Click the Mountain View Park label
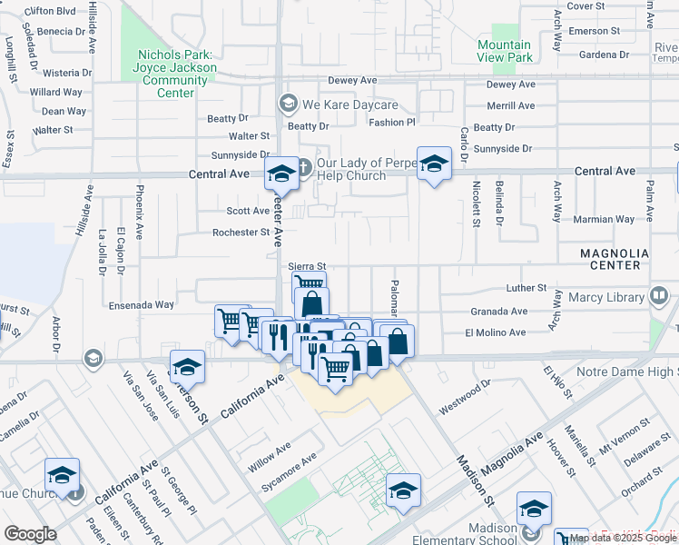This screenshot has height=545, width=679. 504,51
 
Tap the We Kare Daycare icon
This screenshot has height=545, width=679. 289,102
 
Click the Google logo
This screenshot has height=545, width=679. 30,534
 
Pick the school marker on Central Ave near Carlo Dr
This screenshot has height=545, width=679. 435,164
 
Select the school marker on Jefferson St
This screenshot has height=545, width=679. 187,367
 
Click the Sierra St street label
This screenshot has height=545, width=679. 306,267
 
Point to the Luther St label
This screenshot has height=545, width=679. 526,288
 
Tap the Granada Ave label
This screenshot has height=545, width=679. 498,311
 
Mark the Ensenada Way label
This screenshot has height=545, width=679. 142,305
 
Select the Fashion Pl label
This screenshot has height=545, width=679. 391,123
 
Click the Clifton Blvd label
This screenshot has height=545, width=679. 51,11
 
